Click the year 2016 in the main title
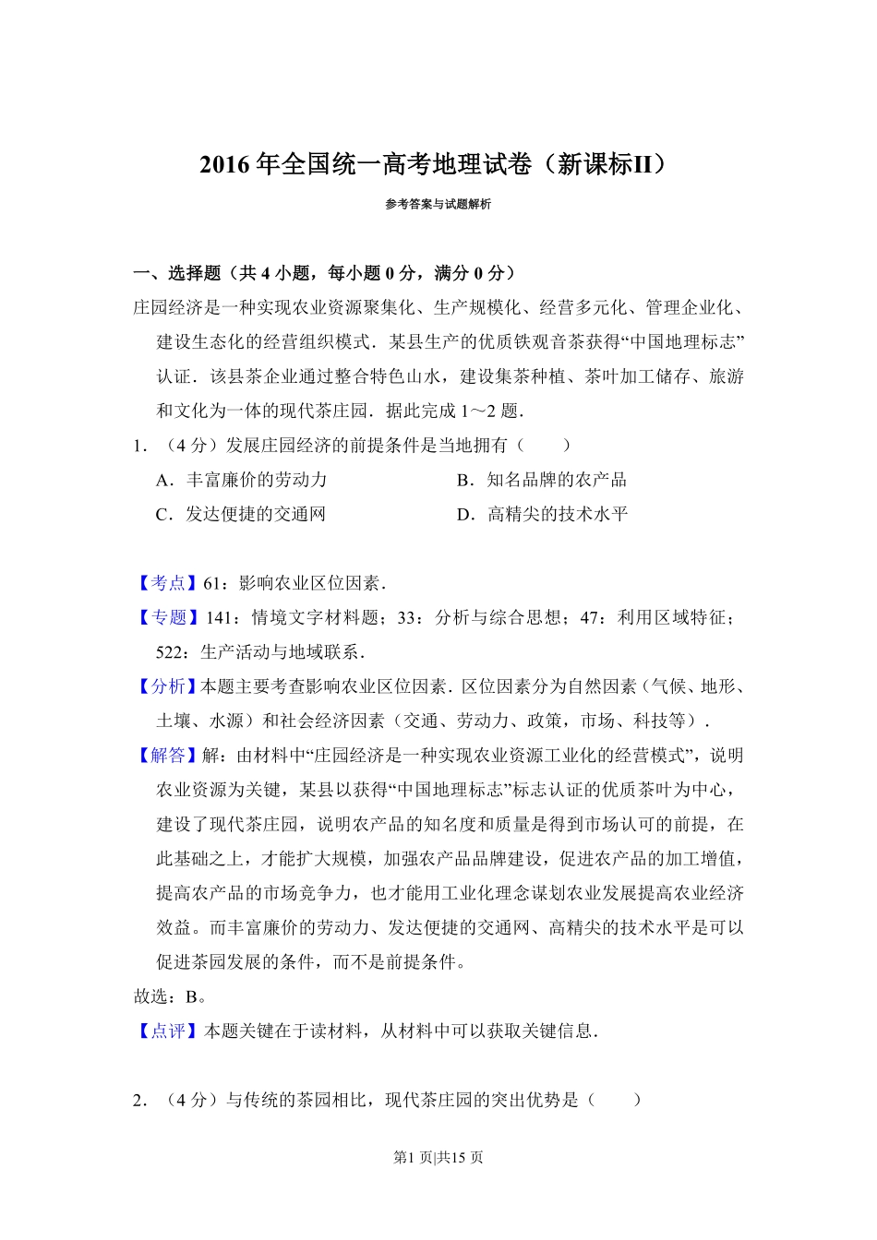pyautogui.click(x=225, y=165)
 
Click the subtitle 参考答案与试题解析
pyautogui.click(x=438, y=205)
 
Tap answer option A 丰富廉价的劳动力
pyautogui.click(x=242, y=480)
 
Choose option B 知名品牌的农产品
pyautogui.click(x=542, y=480)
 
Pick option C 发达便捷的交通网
pyautogui.click(x=241, y=515)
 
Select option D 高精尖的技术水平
pyautogui.click(x=543, y=515)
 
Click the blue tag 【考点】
pyautogui.click(x=167, y=583)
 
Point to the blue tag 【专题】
pyautogui.click(x=167, y=618)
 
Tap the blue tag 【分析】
pyautogui.click(x=167, y=686)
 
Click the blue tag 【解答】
pyautogui.click(x=167, y=756)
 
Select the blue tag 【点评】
pyautogui.click(x=167, y=1031)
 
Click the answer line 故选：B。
pyautogui.click(x=171, y=997)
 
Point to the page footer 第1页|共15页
pyautogui.click(x=438, y=1158)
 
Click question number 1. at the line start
pyautogui.click(x=140, y=446)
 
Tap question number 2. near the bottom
pyautogui.click(x=140, y=1101)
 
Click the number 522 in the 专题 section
pyautogui.click(x=171, y=652)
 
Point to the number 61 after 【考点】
pyautogui.click(x=213, y=583)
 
